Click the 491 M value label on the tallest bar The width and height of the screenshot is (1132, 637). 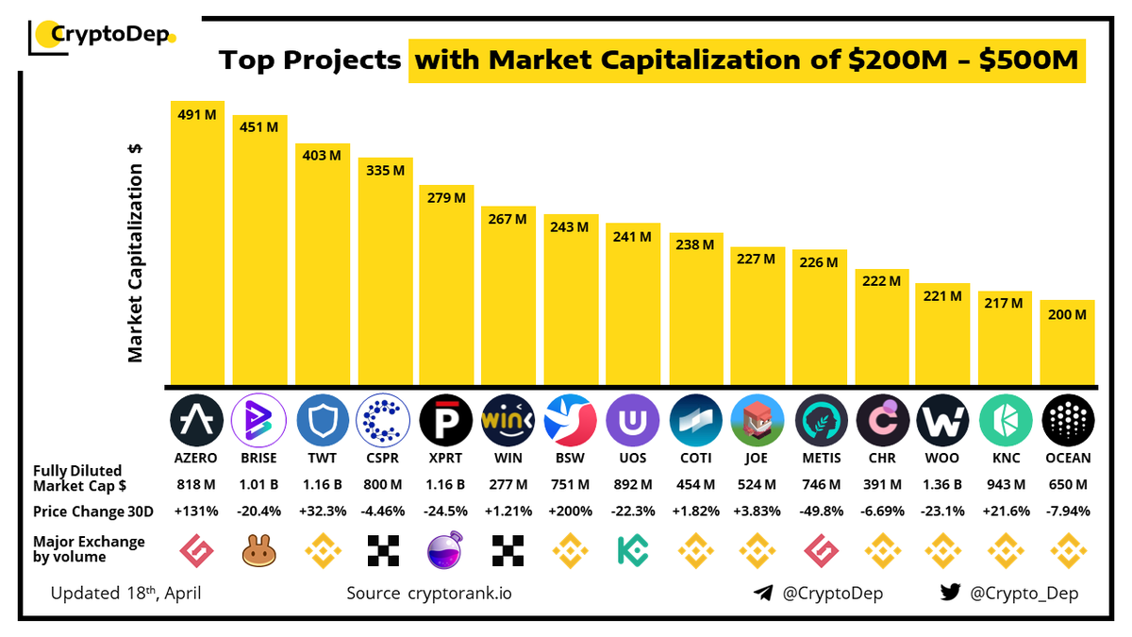(x=197, y=114)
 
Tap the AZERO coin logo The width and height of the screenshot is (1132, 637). (x=197, y=421)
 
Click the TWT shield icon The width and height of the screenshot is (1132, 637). (x=323, y=421)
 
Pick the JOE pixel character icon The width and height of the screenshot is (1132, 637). (x=757, y=421)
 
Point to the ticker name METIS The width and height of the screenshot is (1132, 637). (x=819, y=459)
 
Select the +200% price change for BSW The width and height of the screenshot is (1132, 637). (x=571, y=511)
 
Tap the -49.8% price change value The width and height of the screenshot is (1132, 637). (x=819, y=511)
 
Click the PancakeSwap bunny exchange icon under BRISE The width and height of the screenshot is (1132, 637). (x=259, y=547)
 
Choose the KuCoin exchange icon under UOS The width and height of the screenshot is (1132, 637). (x=633, y=547)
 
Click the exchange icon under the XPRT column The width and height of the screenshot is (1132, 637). (x=446, y=547)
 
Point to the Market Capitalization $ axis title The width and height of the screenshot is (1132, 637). (x=136, y=253)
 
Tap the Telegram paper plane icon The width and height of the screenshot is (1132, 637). (x=764, y=593)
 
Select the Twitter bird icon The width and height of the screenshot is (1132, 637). (x=950, y=593)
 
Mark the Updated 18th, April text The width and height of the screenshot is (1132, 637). (x=126, y=594)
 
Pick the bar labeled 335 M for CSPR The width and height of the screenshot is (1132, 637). (x=385, y=274)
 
